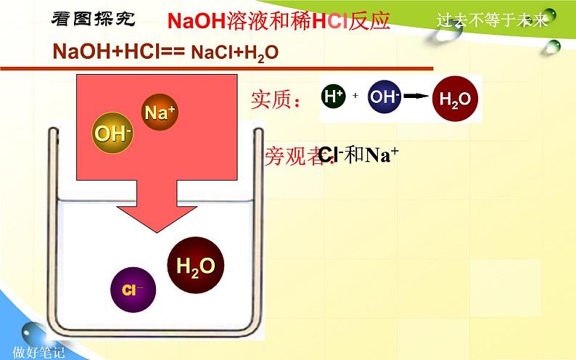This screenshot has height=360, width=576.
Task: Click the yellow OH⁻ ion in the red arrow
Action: point(112,134)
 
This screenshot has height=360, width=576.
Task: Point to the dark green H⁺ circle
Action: point(334,97)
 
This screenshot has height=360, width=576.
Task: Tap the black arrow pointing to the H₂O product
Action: point(415,97)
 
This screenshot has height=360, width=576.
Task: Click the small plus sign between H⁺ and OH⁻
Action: point(355,97)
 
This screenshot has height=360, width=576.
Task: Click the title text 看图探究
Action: point(93,19)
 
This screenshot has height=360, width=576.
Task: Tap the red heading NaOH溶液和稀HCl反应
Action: point(279,20)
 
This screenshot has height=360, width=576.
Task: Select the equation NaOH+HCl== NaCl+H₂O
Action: point(166,52)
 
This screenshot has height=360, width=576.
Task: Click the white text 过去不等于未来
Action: point(493,20)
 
